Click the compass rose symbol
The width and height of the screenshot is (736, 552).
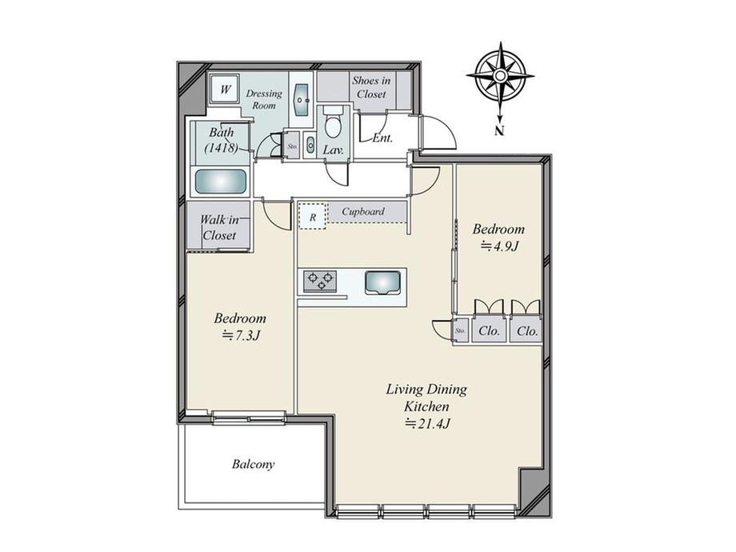(500, 77)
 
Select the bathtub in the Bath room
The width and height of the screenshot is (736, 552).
(221, 181)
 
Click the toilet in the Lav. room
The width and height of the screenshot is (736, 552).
(334, 123)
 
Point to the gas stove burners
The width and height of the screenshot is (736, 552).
(320, 281)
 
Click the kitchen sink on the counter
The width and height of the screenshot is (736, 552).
(383, 282)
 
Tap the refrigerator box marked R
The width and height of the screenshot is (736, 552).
(313, 216)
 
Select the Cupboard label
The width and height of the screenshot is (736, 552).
(363, 211)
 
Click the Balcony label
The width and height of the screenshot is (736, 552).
(253, 464)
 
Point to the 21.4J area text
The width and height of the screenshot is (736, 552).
(428, 423)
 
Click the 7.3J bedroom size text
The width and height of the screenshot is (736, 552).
(241, 335)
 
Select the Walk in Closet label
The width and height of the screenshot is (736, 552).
(220, 227)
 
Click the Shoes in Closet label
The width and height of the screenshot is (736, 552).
(371, 87)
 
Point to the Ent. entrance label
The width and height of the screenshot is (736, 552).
(382, 138)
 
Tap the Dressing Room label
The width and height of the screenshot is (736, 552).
(264, 99)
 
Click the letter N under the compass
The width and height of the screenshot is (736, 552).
(500, 131)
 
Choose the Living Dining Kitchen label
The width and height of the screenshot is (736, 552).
(426, 398)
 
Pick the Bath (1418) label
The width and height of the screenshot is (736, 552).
(222, 140)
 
